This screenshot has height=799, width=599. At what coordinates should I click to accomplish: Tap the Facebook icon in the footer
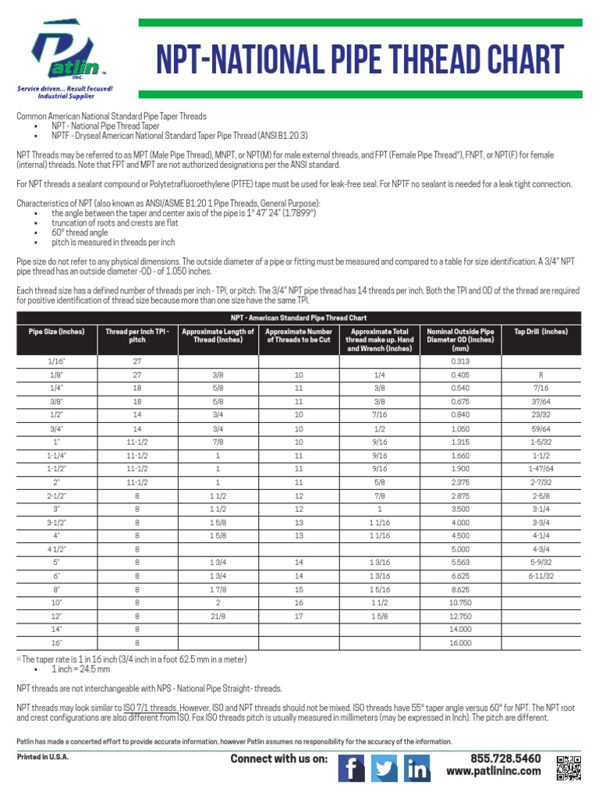[x=351, y=769]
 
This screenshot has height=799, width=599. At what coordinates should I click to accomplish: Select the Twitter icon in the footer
[x=384, y=769]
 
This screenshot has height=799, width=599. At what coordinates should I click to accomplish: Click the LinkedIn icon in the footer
[x=417, y=769]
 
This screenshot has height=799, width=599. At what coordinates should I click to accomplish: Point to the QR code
[x=569, y=768]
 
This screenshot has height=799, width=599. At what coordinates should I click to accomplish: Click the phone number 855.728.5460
[x=505, y=758]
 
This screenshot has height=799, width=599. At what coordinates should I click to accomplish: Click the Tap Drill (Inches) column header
[x=541, y=332]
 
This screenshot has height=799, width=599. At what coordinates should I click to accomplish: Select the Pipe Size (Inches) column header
[x=56, y=332]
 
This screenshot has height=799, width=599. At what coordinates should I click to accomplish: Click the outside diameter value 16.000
[x=461, y=642]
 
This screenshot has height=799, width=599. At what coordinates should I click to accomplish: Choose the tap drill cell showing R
[x=541, y=375]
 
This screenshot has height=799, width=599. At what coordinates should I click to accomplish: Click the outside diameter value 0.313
[x=461, y=361]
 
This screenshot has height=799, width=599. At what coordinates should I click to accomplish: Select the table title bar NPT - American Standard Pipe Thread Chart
[x=299, y=318]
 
